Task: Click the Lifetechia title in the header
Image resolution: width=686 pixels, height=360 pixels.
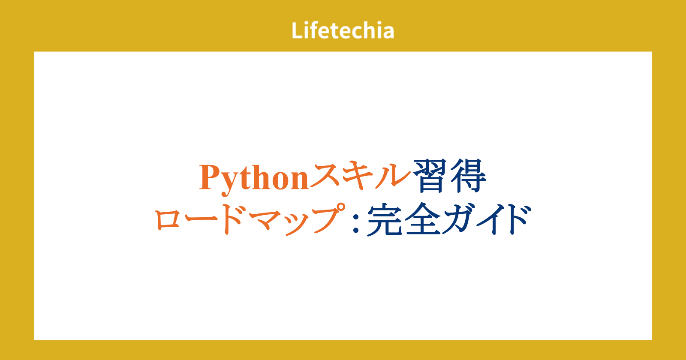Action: click(x=343, y=30)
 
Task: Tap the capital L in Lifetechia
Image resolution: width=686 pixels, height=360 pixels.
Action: click(x=297, y=30)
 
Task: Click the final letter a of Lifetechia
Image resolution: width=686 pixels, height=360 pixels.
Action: click(x=388, y=33)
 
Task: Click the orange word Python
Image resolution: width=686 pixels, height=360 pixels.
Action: click(x=253, y=180)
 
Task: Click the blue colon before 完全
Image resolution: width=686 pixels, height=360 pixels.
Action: click(x=356, y=222)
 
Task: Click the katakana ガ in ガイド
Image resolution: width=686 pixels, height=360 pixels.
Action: click(x=458, y=219)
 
